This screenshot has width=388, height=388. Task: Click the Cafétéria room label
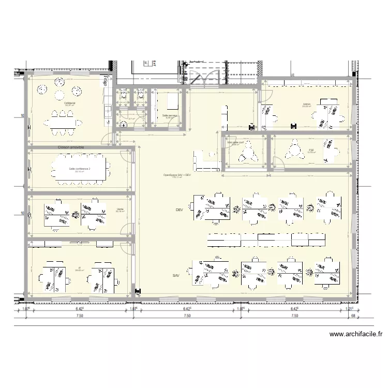coord(69,103)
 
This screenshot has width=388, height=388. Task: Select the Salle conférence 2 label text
coord(80,169)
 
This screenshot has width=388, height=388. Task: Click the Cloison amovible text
coord(71,147)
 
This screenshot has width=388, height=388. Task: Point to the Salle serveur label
coord(169,115)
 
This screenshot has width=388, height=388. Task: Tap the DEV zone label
coord(180,210)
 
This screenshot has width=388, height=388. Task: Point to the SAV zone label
coord(176,276)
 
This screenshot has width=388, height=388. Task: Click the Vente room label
coord(120,209)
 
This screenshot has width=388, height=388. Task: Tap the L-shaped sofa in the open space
coord(205,161)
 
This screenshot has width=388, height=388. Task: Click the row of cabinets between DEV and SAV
coord(267,240)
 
